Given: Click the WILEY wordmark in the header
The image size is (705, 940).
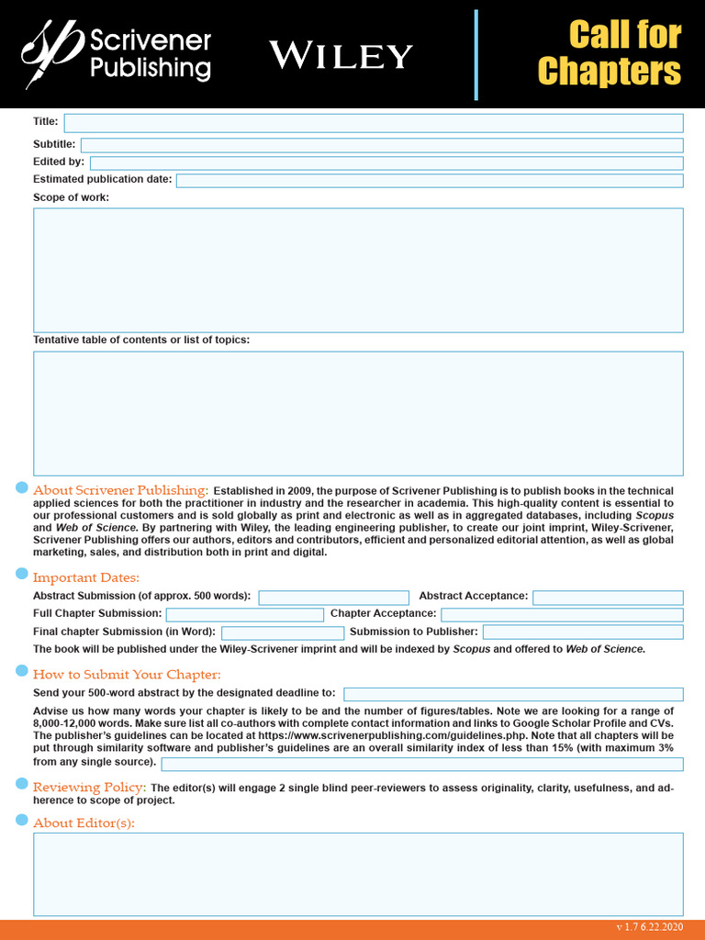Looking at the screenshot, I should point(341,56).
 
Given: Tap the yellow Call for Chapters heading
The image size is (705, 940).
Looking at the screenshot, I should point(610,53).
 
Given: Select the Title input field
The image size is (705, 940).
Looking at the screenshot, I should point(373,123).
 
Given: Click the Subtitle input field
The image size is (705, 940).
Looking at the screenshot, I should point(382,145).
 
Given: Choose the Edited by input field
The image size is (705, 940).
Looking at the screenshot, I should point(386,162).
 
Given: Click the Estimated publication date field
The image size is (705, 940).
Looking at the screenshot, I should point(430,180).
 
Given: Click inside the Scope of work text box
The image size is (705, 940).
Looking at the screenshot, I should point(358,270).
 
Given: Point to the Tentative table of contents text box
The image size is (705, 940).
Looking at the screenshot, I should point(358,413).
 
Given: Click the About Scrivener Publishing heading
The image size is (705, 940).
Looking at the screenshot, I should point(121,490).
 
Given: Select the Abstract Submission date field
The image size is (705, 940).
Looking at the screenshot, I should point(333,598).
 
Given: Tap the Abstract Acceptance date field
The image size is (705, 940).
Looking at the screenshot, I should point(608,598).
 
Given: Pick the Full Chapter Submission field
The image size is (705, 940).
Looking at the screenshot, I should point(244,614).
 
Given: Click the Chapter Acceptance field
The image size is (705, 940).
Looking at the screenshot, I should point(562,614).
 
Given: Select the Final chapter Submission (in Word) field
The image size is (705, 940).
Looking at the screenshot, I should point(283,632).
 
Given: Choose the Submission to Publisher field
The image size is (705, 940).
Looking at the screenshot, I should point(583,632).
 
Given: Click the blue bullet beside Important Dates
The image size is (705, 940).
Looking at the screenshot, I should point(22,574).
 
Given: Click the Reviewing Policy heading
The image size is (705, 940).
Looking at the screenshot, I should point(90,788).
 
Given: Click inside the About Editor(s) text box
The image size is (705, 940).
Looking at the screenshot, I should point(358,874).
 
